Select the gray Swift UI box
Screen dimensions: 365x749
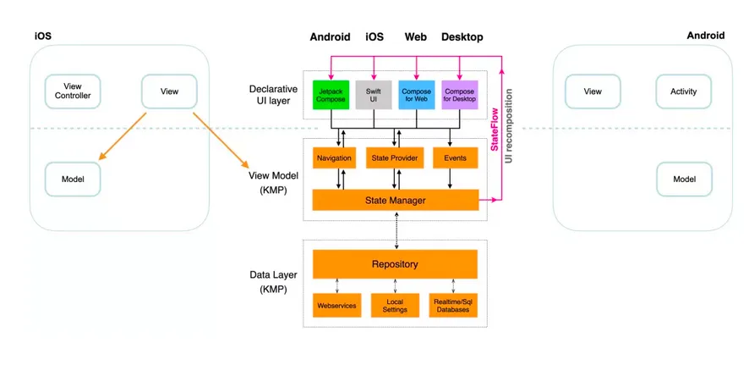pyautogui.click(x=374, y=94)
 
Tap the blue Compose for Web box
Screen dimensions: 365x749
pyautogui.click(x=417, y=94)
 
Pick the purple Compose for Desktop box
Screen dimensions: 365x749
pyautogui.click(x=459, y=94)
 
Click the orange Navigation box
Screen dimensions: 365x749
pyautogui.click(x=333, y=158)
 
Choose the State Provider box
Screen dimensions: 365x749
pyautogui.click(x=395, y=158)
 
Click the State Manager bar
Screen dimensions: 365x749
pyautogui.click(x=395, y=200)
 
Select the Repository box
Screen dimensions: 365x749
pyautogui.click(x=395, y=264)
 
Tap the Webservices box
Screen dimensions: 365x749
pyautogui.click(x=336, y=305)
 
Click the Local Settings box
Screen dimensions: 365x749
pyautogui.click(x=395, y=305)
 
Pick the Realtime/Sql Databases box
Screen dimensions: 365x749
pyautogui.click(x=453, y=305)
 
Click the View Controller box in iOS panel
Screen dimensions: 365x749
pyautogui.click(x=72, y=91)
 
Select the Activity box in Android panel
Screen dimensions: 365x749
pyautogui.click(x=683, y=91)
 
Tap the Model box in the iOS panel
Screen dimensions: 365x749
pyautogui.click(x=73, y=179)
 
